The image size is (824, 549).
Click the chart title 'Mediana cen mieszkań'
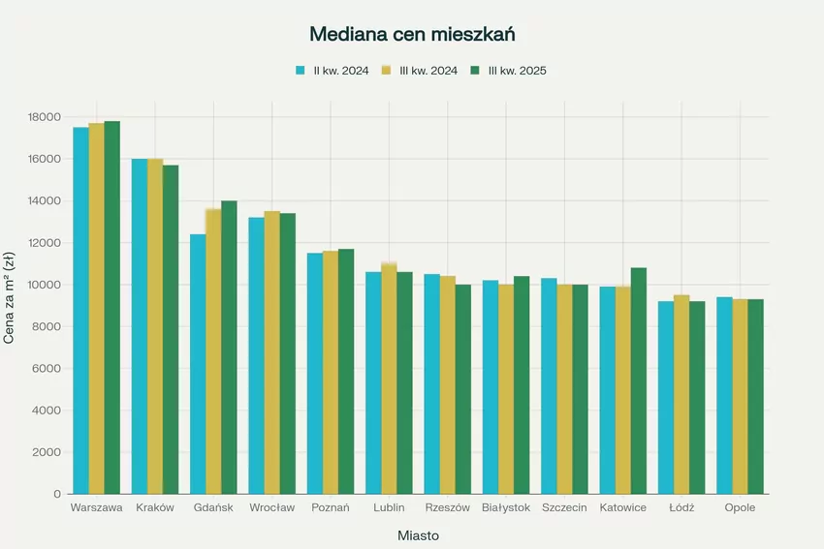coord(411,34)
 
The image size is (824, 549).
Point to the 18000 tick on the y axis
coord(45,117)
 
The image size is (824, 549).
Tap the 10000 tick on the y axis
coord(45,285)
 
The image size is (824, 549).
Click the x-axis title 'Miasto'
coord(418,534)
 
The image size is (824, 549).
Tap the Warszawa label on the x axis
coord(97,508)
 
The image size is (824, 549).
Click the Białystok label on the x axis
coord(505,508)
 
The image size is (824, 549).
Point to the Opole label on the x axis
coord(740,508)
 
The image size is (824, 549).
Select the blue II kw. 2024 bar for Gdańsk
coord(198,364)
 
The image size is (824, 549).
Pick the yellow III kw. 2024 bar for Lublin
coord(389,379)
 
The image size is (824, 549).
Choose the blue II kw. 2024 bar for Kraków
coord(140,326)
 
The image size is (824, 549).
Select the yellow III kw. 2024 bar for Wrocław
coord(272,352)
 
